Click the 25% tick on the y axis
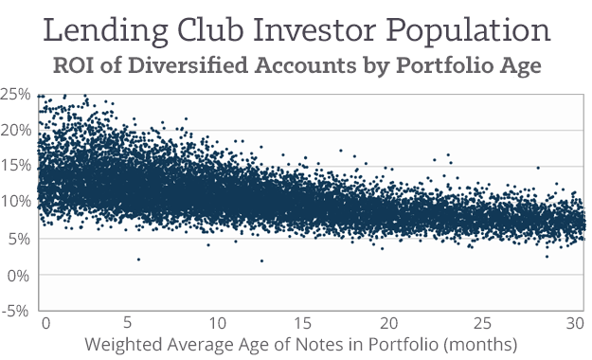pos(16,94)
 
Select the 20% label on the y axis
pos(16,130)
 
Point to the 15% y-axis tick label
pos(16,166)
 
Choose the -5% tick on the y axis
pos(16,310)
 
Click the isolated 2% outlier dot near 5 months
pos(138,260)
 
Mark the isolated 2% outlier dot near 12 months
pos(261,261)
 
